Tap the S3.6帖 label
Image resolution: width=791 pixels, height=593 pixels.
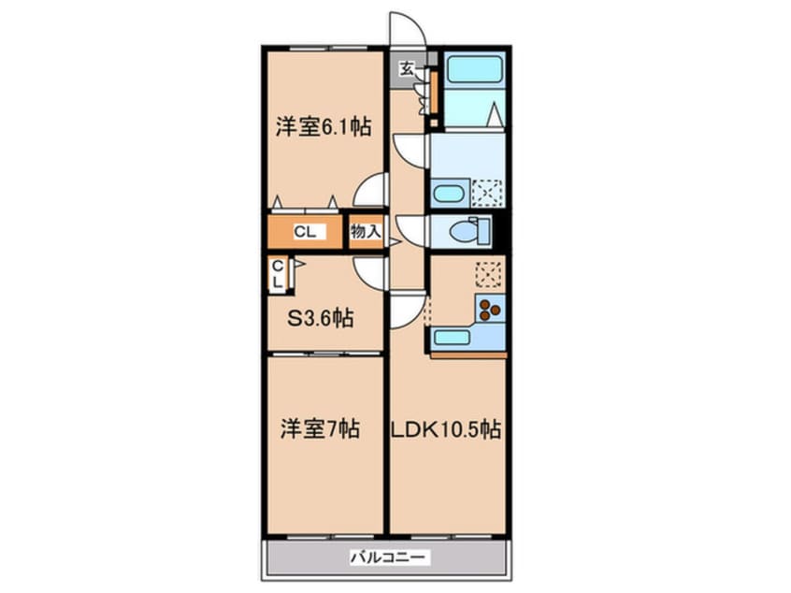(x=320, y=318)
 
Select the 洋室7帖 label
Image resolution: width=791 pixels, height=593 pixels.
(x=319, y=429)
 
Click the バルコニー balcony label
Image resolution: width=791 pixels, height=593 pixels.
(x=389, y=557)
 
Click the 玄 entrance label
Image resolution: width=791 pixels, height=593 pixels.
(x=408, y=67)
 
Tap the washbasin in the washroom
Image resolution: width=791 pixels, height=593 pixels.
(x=448, y=195)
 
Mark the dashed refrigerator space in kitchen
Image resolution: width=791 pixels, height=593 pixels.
(x=488, y=273)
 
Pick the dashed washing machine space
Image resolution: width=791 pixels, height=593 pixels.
(x=486, y=194)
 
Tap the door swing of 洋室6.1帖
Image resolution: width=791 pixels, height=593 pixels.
(x=371, y=190)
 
